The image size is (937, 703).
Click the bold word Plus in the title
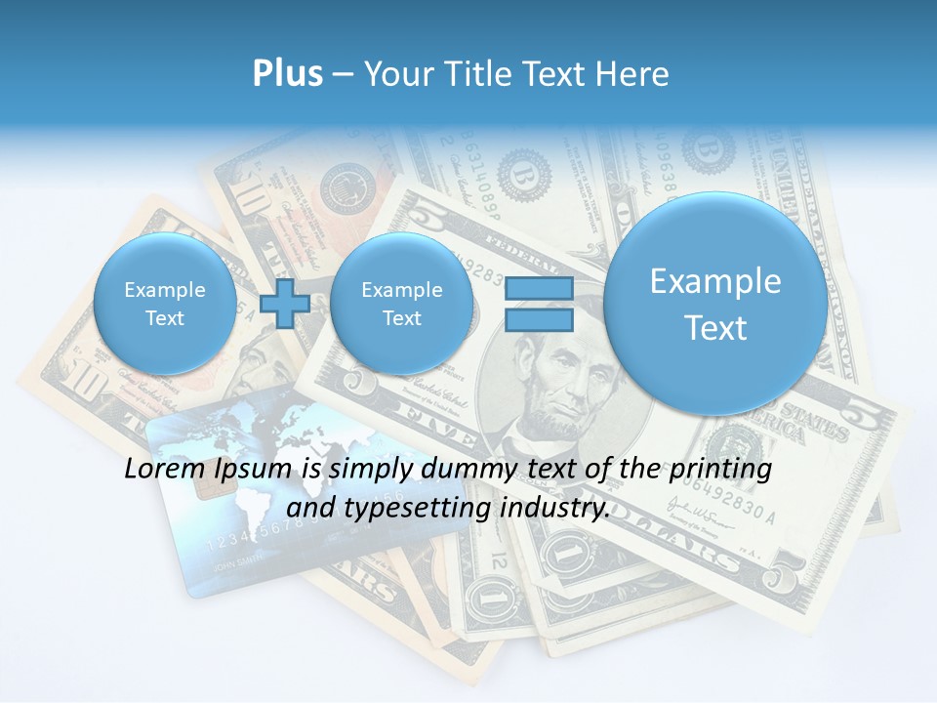[287, 74]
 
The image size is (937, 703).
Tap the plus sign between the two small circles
[285, 303]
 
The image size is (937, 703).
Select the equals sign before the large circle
[539, 304]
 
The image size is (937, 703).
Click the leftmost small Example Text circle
[164, 304]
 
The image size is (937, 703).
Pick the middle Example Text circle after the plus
[401, 304]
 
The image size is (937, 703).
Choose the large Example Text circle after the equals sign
[715, 304]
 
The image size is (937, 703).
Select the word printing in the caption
[723, 470]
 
